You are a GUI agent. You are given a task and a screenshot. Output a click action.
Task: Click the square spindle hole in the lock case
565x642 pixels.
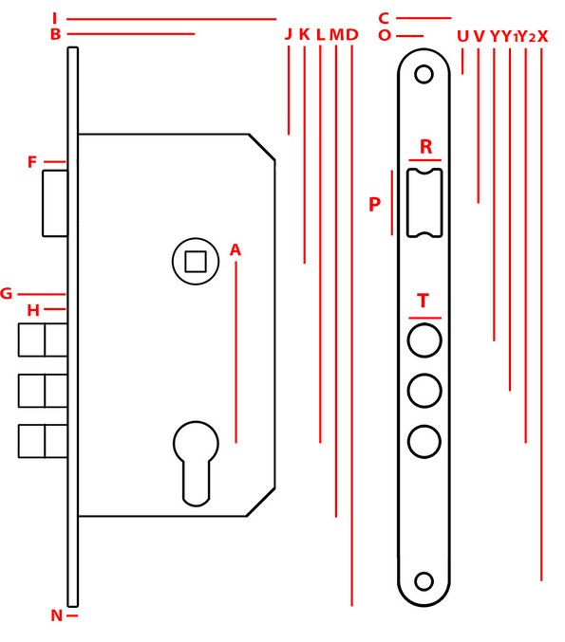coord(196,262)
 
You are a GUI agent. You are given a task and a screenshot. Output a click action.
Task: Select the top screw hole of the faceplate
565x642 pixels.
coord(424,75)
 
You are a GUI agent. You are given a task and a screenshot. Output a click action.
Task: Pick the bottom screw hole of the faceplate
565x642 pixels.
coord(424,581)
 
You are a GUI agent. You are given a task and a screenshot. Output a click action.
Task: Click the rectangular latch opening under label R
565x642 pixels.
coord(424,203)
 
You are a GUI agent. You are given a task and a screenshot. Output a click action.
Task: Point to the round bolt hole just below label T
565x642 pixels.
coord(424,340)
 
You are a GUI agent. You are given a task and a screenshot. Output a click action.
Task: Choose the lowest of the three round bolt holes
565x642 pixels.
coord(424,441)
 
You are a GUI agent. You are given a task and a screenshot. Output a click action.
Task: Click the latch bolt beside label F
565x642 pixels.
coord(55,204)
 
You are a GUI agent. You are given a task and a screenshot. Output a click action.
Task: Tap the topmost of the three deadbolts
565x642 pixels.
coord(43,339)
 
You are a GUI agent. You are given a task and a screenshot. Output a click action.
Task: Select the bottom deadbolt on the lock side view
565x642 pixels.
coord(43,441)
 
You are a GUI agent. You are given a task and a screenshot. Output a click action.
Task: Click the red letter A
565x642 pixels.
coord(235,249)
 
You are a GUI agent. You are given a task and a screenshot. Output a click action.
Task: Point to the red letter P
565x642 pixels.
coord(374,204)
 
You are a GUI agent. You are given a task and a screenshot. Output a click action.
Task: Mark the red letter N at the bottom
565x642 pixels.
coord(57,615)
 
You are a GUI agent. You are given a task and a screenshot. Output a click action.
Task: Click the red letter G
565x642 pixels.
coord(6,294)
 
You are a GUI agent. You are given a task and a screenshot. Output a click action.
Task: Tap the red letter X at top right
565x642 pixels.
coord(542,36)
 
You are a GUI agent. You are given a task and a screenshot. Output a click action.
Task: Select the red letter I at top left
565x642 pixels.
coord(54,18)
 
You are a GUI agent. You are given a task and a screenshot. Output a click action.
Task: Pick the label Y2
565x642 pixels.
coord(526,37)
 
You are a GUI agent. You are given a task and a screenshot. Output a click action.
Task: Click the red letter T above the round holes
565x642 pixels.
coord(424,301)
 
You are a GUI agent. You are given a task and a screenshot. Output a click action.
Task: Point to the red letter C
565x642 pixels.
coord(384,18)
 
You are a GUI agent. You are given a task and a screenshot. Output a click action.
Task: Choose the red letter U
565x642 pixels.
coord(462,36)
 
